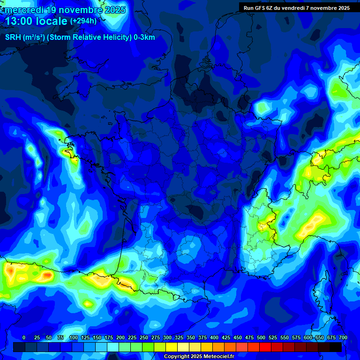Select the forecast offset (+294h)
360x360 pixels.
pos(83,21)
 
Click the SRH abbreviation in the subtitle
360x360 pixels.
pos(13,37)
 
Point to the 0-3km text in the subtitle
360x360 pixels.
pos(144,37)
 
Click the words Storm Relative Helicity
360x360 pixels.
pos(88,37)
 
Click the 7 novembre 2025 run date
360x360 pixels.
pos(327,8)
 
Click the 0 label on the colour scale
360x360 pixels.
pos(24,337)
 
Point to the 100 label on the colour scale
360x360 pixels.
pos(73,337)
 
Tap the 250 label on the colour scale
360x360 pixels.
pos(143,337)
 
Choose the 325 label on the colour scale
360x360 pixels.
pos(179,337)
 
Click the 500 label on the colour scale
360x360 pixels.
pos(261,337)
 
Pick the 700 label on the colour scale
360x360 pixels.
pos(343,337)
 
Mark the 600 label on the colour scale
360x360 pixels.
pos(307,337)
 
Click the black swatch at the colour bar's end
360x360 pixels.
pos(336,347)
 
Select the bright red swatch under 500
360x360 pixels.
pos(254,347)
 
